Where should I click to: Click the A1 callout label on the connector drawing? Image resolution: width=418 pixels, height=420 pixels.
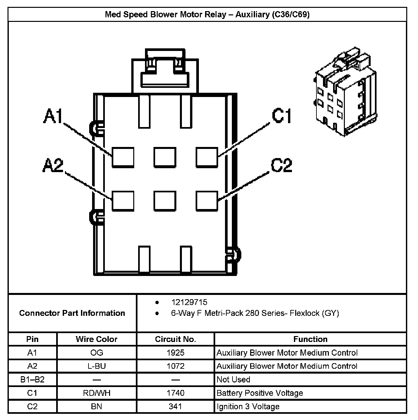click(53, 117)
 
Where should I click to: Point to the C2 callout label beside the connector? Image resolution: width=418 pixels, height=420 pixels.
click(281, 165)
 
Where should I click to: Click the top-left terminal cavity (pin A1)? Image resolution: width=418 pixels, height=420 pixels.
click(123, 157)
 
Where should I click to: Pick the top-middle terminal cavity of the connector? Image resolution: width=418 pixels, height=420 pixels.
click(165, 157)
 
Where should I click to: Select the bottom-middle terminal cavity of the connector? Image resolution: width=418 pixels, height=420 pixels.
click(165, 201)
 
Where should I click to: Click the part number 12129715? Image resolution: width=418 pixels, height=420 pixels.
click(189, 302)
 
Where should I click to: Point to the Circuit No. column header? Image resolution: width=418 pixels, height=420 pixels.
click(175, 339)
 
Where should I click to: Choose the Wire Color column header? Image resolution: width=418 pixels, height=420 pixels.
click(96, 339)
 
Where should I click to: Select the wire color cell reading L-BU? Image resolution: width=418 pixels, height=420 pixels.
click(97, 366)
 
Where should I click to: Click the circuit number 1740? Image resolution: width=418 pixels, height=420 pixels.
click(175, 393)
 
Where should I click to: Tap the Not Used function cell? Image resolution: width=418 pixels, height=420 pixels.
click(233, 380)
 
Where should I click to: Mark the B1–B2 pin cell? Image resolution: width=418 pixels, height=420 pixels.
click(32, 380)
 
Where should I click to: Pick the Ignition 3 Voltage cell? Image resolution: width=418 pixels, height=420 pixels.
click(248, 407)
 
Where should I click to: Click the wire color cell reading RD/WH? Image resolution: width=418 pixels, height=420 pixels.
click(97, 393)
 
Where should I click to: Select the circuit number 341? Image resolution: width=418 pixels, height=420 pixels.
click(175, 407)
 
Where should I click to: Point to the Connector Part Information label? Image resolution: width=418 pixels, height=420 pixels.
click(72, 313)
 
